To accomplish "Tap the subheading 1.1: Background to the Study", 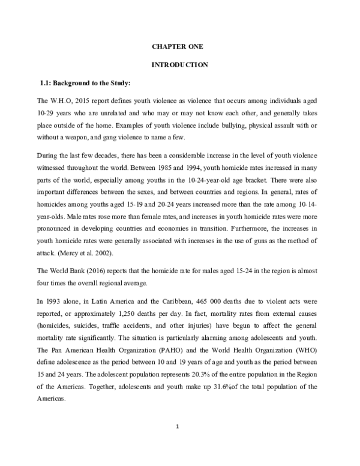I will click(85, 82).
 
